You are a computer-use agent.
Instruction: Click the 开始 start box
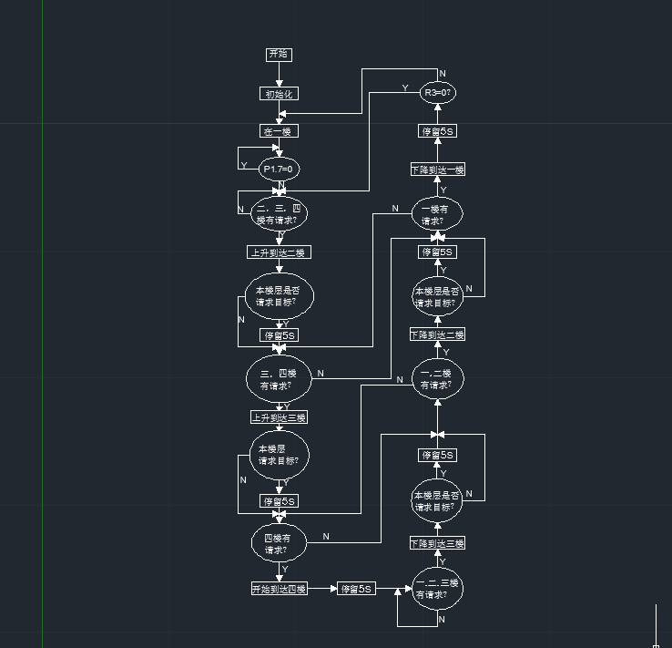pyautogui.click(x=279, y=55)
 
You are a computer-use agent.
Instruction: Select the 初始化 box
pyautogui.click(x=279, y=94)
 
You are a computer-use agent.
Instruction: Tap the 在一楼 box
pyautogui.click(x=279, y=131)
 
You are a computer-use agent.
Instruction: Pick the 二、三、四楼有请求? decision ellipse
pyautogui.click(x=279, y=214)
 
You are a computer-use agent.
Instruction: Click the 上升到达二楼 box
pyautogui.click(x=279, y=252)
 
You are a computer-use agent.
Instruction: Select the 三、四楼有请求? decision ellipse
pyautogui.click(x=279, y=379)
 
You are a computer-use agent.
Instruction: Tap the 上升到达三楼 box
pyautogui.click(x=279, y=417)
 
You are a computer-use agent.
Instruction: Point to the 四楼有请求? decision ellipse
pyautogui.click(x=279, y=544)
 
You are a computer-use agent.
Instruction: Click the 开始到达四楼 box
pyautogui.click(x=279, y=589)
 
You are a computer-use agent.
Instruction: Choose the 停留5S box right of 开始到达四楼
pyautogui.click(x=356, y=589)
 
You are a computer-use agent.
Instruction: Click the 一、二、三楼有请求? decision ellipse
pyautogui.click(x=437, y=589)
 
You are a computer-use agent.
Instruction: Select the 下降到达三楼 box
pyautogui.click(x=437, y=543)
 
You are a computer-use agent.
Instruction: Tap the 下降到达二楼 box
pyautogui.click(x=437, y=334)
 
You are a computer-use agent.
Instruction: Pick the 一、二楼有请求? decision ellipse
pyautogui.click(x=437, y=379)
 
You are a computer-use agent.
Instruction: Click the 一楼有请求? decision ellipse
pyautogui.click(x=437, y=214)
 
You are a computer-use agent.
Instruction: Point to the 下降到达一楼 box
pyautogui.click(x=437, y=170)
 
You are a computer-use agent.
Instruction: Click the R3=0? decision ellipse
pyautogui.click(x=438, y=93)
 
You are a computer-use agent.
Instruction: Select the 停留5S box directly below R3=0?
pyautogui.click(x=437, y=131)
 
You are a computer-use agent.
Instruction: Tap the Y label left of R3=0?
pyautogui.click(x=405, y=87)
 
